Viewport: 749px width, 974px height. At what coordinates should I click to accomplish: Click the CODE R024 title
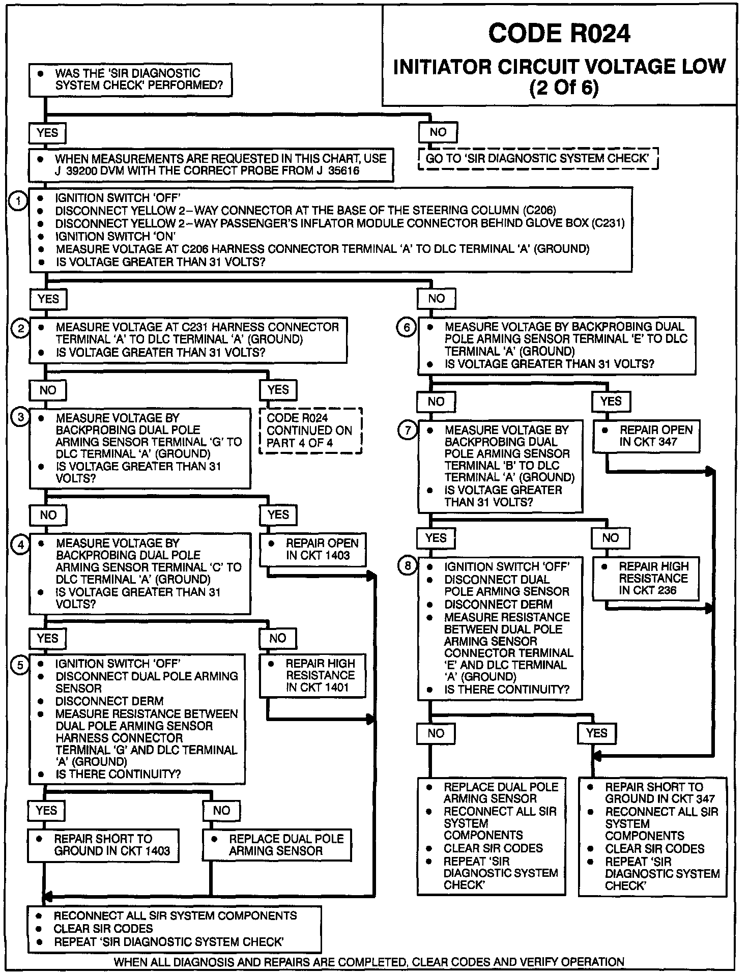click(x=559, y=34)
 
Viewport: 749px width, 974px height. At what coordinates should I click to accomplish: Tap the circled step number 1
click(x=18, y=201)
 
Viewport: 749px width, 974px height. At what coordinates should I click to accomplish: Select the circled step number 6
click(x=407, y=328)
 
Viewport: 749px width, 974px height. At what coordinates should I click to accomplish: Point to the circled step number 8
click(x=407, y=566)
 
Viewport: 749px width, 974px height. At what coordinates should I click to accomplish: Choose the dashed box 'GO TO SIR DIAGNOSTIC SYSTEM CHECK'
click(x=538, y=159)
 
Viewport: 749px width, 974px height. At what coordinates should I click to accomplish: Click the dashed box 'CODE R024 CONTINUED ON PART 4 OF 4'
click(x=310, y=431)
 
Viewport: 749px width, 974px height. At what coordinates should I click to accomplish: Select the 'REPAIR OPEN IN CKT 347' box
click(x=646, y=436)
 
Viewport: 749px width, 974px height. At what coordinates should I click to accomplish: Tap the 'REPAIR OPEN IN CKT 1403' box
click(x=312, y=550)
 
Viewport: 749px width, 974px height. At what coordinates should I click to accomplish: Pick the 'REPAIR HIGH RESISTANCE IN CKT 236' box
click(x=646, y=579)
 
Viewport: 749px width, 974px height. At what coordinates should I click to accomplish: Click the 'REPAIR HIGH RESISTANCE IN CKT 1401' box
click(x=312, y=675)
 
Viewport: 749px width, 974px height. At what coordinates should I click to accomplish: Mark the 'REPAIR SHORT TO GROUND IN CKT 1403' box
click(x=103, y=845)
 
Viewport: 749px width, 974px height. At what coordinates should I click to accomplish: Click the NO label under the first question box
click(x=438, y=132)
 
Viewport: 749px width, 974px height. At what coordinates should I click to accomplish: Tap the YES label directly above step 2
click(x=48, y=299)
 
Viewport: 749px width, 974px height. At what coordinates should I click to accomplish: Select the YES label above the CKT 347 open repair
click(x=611, y=402)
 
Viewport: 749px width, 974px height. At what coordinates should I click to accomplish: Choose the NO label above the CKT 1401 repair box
click(x=277, y=638)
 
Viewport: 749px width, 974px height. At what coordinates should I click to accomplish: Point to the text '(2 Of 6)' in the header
click(x=564, y=88)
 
